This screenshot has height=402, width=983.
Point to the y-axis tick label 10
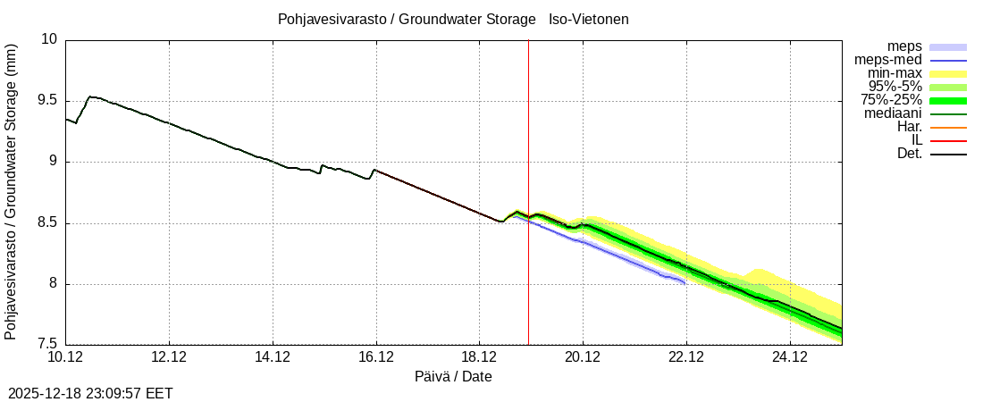pos(48,39)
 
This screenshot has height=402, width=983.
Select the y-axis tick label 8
pos(52,284)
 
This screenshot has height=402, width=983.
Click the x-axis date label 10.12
pos(65,357)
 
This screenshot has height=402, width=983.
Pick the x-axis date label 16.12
pos(375,357)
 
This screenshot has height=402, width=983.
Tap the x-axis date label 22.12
pos(685,357)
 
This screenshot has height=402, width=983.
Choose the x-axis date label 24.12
pos(789,357)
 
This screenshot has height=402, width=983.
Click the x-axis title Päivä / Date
pos(453,377)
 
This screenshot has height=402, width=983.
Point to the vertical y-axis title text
pos(11,191)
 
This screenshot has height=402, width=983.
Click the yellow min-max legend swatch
pos(948,73)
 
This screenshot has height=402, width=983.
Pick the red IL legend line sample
pos(948,140)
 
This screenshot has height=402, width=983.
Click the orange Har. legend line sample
pos(948,127)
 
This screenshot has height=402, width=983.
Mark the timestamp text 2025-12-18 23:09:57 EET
pos(90,393)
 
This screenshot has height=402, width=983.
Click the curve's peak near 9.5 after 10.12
pos(89,96)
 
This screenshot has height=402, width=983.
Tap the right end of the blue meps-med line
pos(685,283)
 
